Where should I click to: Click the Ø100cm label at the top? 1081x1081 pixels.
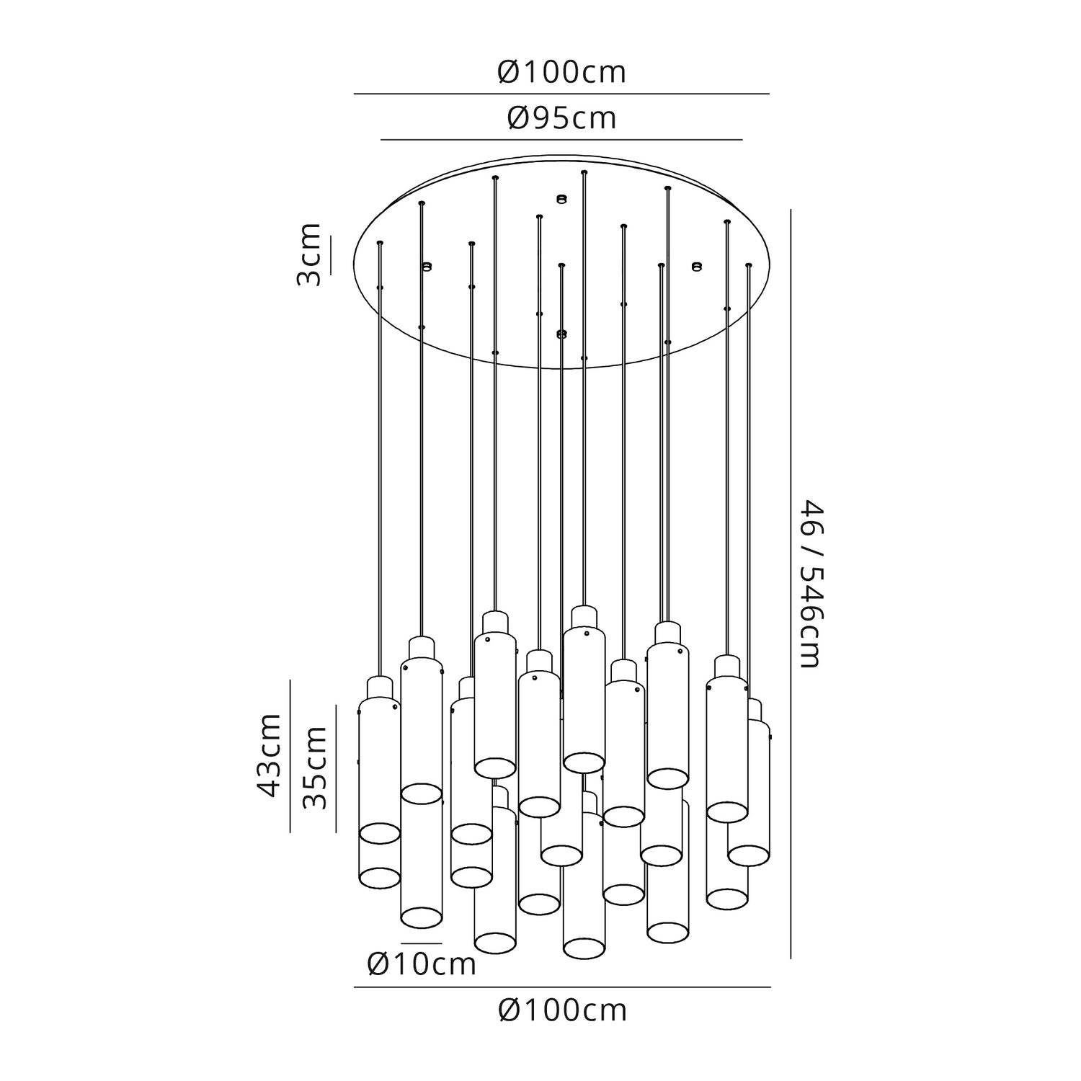(x=561, y=73)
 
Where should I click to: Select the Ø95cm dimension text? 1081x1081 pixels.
(x=561, y=118)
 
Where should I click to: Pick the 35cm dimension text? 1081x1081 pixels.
(x=315, y=768)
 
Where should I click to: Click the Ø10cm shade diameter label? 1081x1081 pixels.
(x=422, y=964)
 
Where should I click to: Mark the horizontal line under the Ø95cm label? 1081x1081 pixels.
(x=561, y=139)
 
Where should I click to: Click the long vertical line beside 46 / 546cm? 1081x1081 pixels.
(x=791, y=584)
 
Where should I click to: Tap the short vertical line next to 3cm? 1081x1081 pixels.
(x=331, y=255)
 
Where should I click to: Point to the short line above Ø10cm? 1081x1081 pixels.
(x=422, y=943)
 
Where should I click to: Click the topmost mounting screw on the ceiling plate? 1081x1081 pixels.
(x=562, y=197)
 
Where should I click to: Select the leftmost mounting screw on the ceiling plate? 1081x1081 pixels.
(x=426, y=267)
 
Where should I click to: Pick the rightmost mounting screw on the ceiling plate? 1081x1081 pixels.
(x=695, y=267)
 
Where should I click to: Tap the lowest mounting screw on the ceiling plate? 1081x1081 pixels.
(x=562, y=334)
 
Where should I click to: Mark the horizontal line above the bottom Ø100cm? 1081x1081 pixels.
(x=562, y=987)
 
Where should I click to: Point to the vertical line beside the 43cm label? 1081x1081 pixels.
(x=290, y=755)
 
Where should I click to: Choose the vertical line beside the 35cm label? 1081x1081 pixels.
(x=336, y=768)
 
